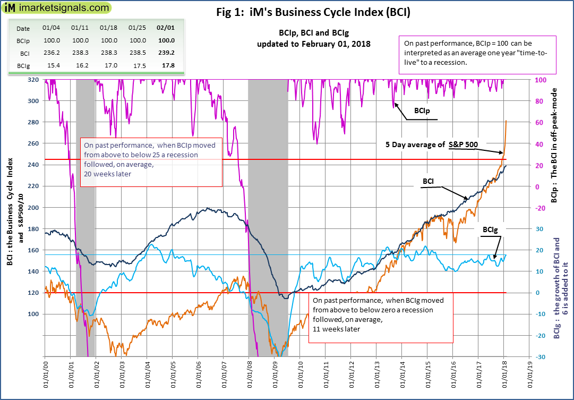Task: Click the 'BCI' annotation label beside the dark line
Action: click(x=429, y=181)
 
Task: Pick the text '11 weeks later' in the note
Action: click(x=337, y=329)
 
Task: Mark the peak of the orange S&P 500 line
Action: click(x=506, y=121)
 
